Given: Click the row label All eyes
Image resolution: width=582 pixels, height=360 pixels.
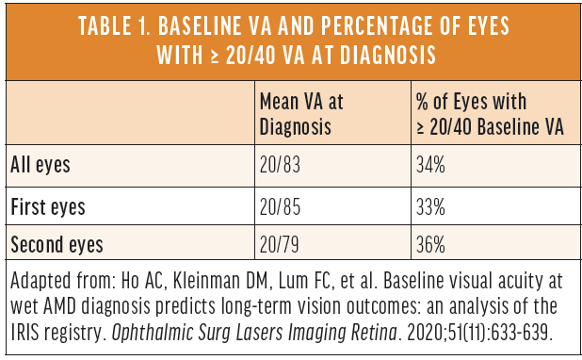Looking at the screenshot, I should point(42,165).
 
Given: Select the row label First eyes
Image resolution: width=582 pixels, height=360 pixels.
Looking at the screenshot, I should point(47,205).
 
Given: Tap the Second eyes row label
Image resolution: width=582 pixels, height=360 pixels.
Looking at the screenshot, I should point(56,244).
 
